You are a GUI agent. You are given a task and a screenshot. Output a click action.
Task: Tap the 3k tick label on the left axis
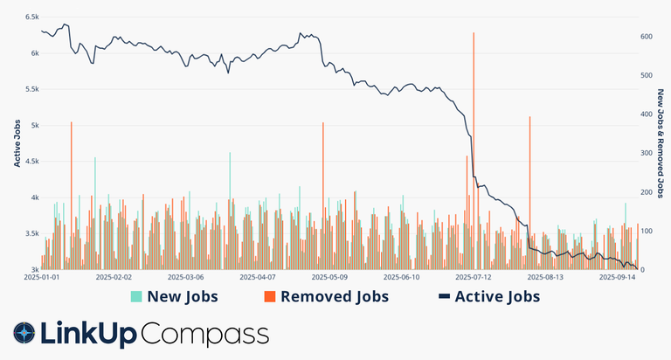click(x=33, y=270)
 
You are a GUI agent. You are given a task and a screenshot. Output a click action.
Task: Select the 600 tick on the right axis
click(x=647, y=37)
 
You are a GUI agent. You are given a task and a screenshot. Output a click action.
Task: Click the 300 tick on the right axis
click(x=647, y=153)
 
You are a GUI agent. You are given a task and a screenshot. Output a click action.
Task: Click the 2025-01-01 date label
click(x=41, y=278)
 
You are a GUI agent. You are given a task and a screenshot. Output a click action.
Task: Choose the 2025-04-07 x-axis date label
click(x=260, y=278)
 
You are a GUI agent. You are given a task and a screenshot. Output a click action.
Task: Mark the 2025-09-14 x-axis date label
click(x=615, y=278)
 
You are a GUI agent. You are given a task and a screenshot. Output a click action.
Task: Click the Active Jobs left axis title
click(x=17, y=143)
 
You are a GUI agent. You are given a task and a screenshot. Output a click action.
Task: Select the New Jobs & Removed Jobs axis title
click(x=661, y=143)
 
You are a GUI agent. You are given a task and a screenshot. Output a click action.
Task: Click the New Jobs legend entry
click(x=175, y=297)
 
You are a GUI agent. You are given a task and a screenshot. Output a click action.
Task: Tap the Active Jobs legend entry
click(x=488, y=297)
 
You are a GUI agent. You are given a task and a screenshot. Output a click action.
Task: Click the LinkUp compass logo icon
click(x=24, y=333)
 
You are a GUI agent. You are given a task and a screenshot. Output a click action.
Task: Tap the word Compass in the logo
click(x=204, y=334)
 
